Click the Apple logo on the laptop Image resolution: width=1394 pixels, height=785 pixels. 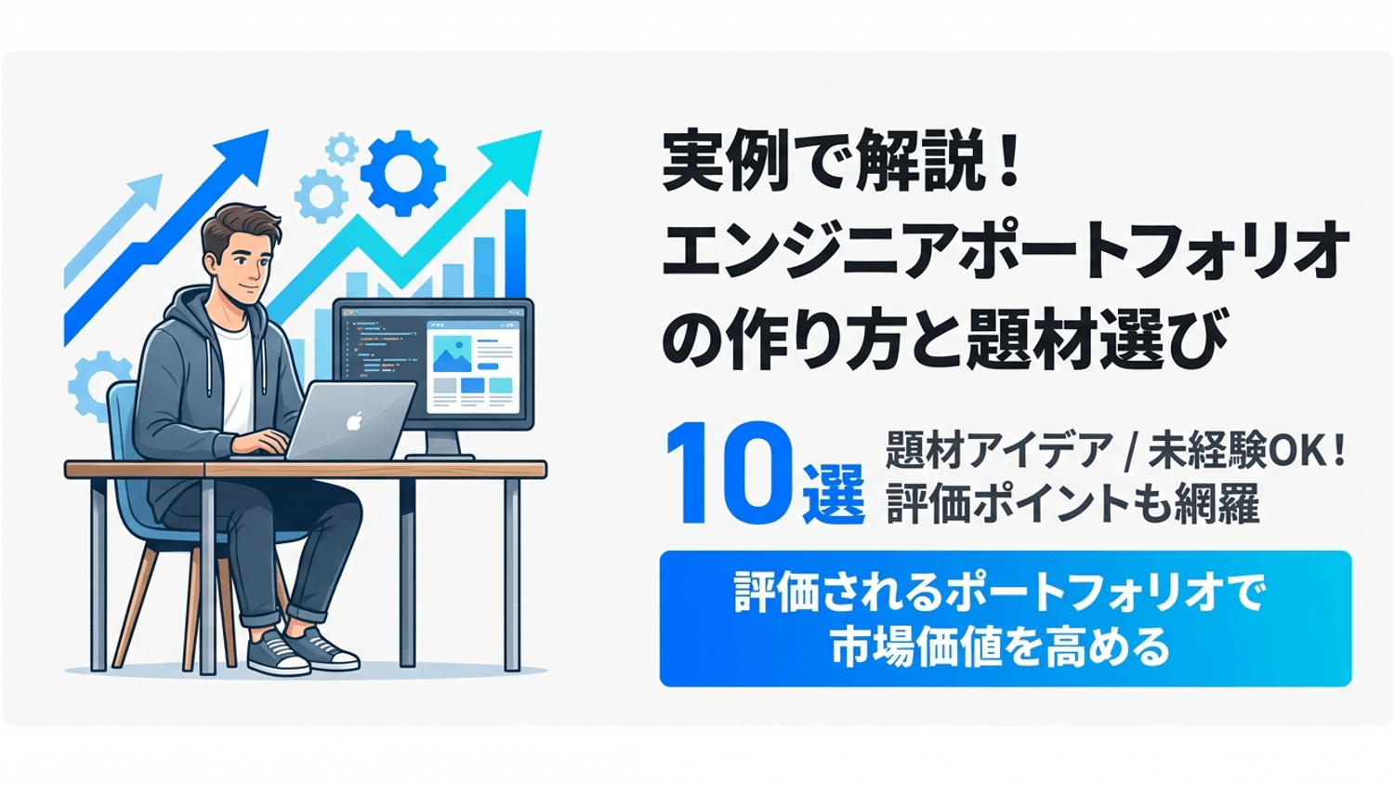point(354,421)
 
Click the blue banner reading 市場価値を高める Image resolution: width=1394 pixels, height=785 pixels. point(1005,619)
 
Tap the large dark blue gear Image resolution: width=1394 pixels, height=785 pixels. point(402,173)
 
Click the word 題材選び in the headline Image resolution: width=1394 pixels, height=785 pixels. point(1097,339)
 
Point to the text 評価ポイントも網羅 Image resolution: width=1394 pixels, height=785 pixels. point(1072,504)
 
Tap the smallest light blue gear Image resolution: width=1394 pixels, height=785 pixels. point(342,148)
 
